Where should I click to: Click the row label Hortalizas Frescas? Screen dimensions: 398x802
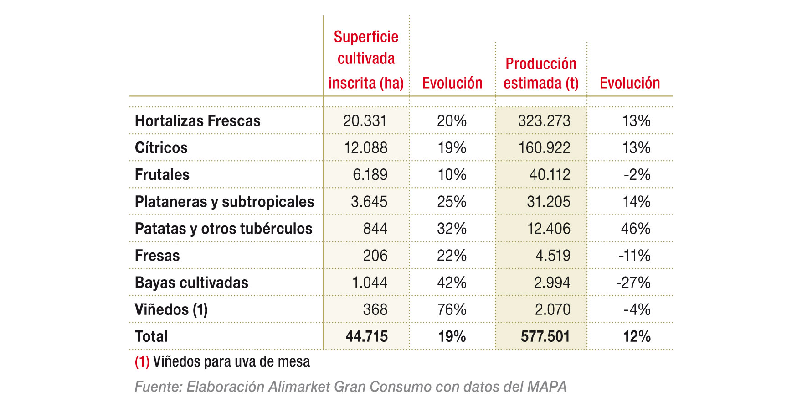tap(197, 121)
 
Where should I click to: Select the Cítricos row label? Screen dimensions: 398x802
tap(161, 148)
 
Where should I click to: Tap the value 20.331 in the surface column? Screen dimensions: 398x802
tap(365, 121)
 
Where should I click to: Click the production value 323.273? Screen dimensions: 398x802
tap(544, 121)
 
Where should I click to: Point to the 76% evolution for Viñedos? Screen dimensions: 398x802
tap(452, 309)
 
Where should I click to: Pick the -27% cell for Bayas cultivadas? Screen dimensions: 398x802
tap(633, 283)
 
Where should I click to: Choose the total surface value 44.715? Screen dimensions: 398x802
tap(366, 337)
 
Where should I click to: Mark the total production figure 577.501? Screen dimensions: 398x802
tap(545, 337)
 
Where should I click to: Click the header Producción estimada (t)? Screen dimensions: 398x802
tap(541, 73)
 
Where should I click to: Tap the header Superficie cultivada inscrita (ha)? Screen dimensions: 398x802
tap(366, 60)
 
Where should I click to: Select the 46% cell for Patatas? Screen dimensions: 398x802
tap(635, 229)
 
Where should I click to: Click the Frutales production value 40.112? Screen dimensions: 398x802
tap(550, 175)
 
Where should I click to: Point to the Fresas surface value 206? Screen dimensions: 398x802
tap(375, 256)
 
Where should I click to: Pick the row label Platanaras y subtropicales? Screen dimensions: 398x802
tap(224, 202)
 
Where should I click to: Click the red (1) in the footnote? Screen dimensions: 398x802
tap(142, 362)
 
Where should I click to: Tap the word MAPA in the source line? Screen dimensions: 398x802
tap(547, 387)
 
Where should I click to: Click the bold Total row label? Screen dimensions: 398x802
tap(151, 337)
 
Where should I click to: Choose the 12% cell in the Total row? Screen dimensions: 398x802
tap(637, 337)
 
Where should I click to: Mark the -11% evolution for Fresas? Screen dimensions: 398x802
tap(634, 256)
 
